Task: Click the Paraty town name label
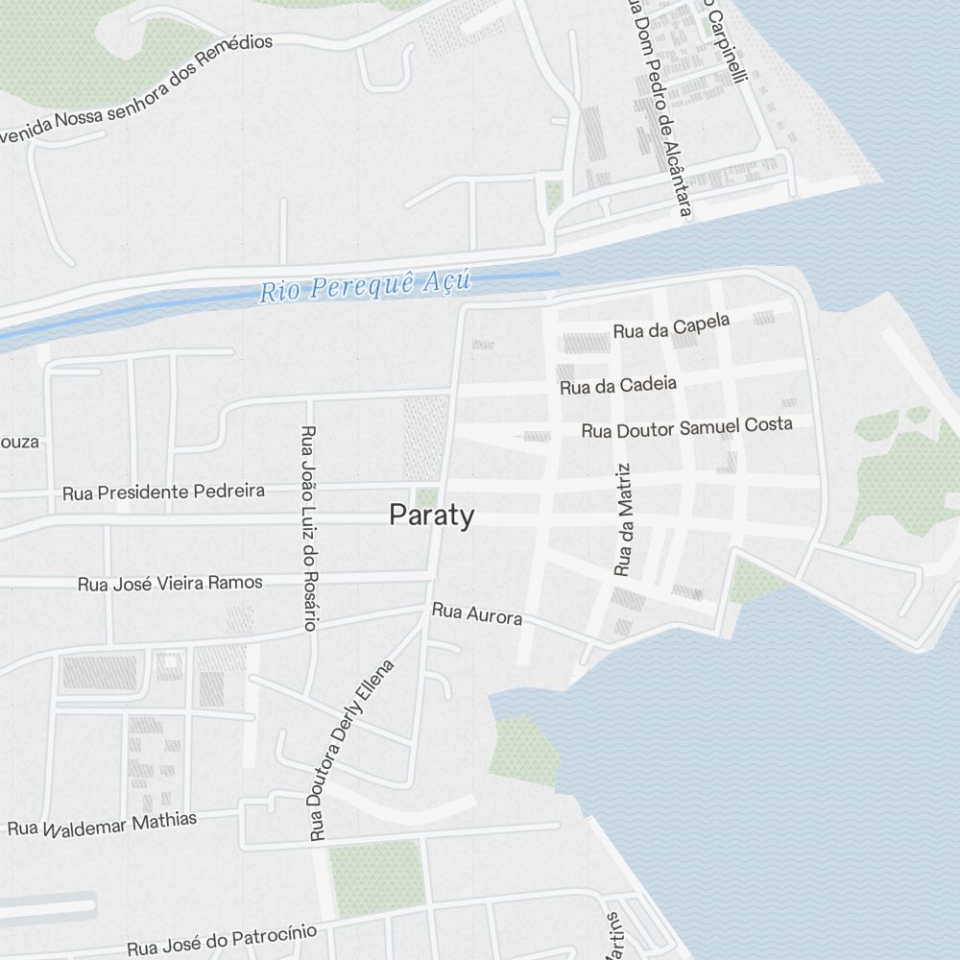[431, 516]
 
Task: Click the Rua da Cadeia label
[618, 386]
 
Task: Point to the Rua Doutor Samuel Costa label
[687, 427]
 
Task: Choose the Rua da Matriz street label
[624, 520]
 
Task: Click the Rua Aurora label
[477, 613]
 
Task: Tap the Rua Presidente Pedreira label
[163, 492]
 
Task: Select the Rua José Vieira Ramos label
[170, 583]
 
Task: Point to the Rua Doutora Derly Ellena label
[351, 749]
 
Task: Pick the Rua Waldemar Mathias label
[102, 824]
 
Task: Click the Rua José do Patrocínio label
[222, 939]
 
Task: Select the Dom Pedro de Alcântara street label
[659, 106]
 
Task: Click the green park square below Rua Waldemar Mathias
[376, 877]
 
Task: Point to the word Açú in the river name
[446, 280]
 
